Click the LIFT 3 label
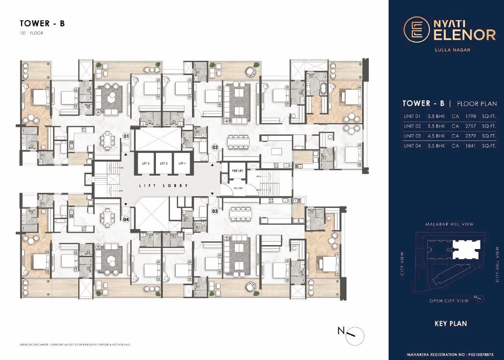(146, 164)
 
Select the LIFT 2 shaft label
(164, 164)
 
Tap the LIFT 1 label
(182, 164)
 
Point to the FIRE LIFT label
(236, 170)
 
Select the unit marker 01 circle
(126, 137)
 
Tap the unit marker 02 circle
(215, 147)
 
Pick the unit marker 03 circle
(215, 211)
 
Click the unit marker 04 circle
(126, 219)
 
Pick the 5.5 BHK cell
(436, 126)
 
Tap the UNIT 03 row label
(413, 136)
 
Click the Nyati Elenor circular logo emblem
(415, 28)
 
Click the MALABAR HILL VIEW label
(449, 224)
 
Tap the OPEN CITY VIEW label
(449, 301)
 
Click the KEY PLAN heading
(450, 323)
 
